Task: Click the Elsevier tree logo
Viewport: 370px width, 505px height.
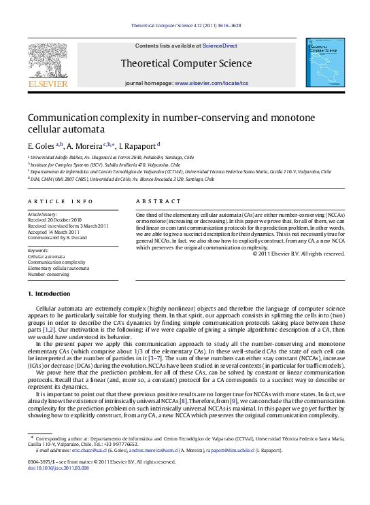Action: click(47, 59)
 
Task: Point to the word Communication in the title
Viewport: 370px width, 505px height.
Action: click(59, 118)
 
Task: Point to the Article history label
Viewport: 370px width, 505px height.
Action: click(42, 213)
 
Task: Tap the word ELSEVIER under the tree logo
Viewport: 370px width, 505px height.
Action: click(47, 84)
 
